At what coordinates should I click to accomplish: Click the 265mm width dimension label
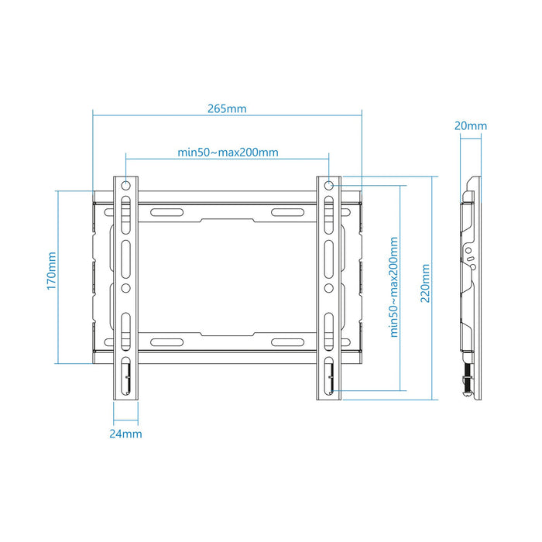[x=227, y=108]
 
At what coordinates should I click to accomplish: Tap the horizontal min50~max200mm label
[x=227, y=152]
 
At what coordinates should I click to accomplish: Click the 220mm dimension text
[x=425, y=284]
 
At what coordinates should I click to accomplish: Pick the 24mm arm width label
[x=125, y=434]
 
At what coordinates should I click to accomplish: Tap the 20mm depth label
[x=471, y=125]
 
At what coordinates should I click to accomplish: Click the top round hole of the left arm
[x=125, y=185]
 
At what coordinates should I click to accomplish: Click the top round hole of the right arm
[x=328, y=185]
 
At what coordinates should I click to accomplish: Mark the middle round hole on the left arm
[x=125, y=287]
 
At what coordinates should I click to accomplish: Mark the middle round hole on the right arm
[x=328, y=287]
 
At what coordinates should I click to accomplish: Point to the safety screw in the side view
[x=468, y=384]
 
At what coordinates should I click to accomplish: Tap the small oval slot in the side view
[x=468, y=250]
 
